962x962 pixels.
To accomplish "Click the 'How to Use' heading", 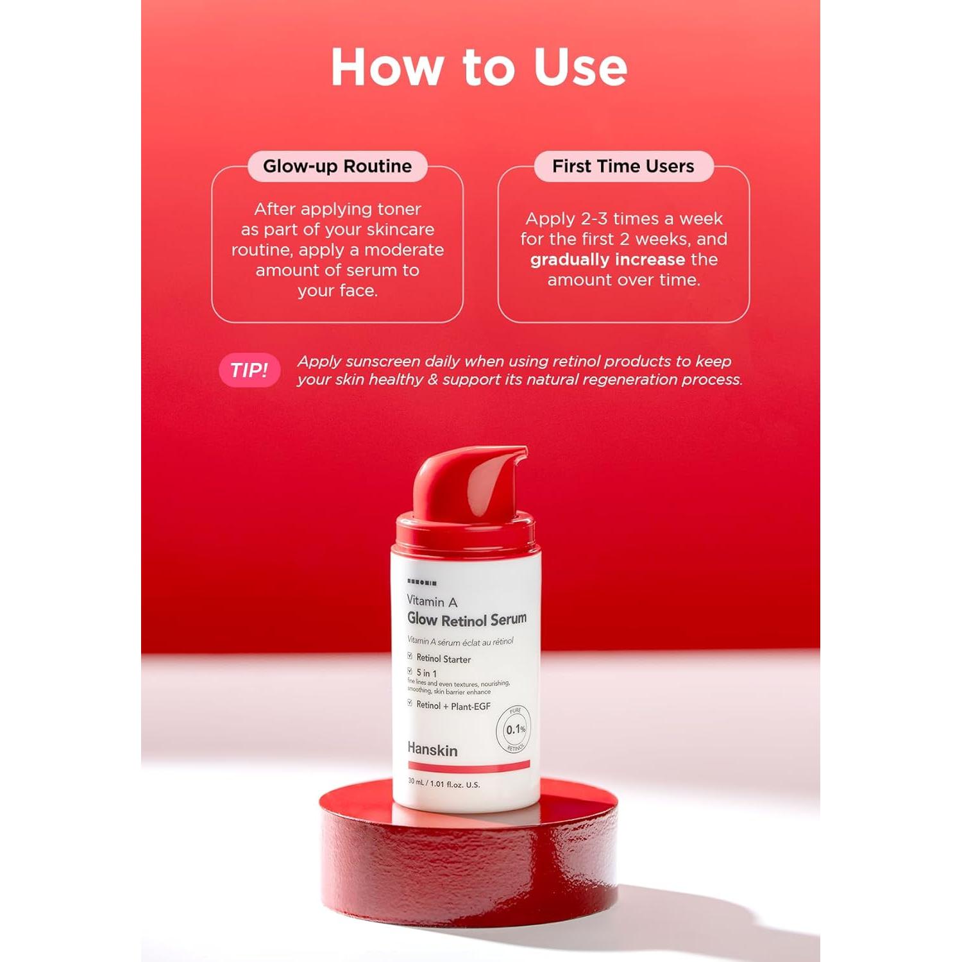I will [x=479, y=67].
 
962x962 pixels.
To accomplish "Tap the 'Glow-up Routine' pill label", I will [x=337, y=166].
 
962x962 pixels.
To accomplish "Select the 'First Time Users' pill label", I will [x=623, y=166].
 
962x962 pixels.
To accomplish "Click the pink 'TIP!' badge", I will [x=249, y=370].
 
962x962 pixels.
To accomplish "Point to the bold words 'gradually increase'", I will [x=607, y=260].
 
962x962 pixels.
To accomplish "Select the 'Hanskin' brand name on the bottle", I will [x=432, y=750].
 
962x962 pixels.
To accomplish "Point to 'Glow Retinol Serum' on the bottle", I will [x=467, y=620].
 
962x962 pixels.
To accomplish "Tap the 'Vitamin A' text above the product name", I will [x=432, y=601].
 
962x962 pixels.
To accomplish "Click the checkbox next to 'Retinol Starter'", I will [x=410, y=657].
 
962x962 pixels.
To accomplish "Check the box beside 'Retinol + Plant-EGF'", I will [x=410, y=704].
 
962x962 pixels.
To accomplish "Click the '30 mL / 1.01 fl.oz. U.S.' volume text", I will [x=444, y=784].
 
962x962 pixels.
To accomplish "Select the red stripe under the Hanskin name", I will [x=469, y=766].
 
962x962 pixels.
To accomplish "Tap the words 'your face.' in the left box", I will [x=337, y=291].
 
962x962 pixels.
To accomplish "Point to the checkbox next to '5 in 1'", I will [x=410, y=671].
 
